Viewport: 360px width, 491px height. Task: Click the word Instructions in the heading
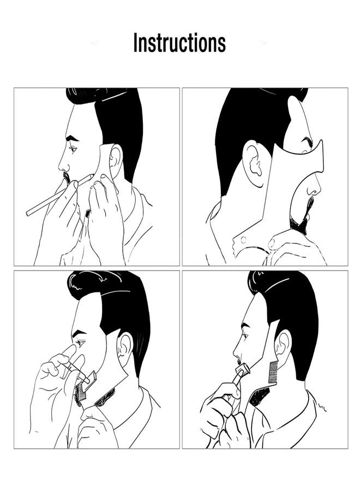point(179,43)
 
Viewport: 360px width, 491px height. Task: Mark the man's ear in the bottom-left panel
point(126,348)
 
